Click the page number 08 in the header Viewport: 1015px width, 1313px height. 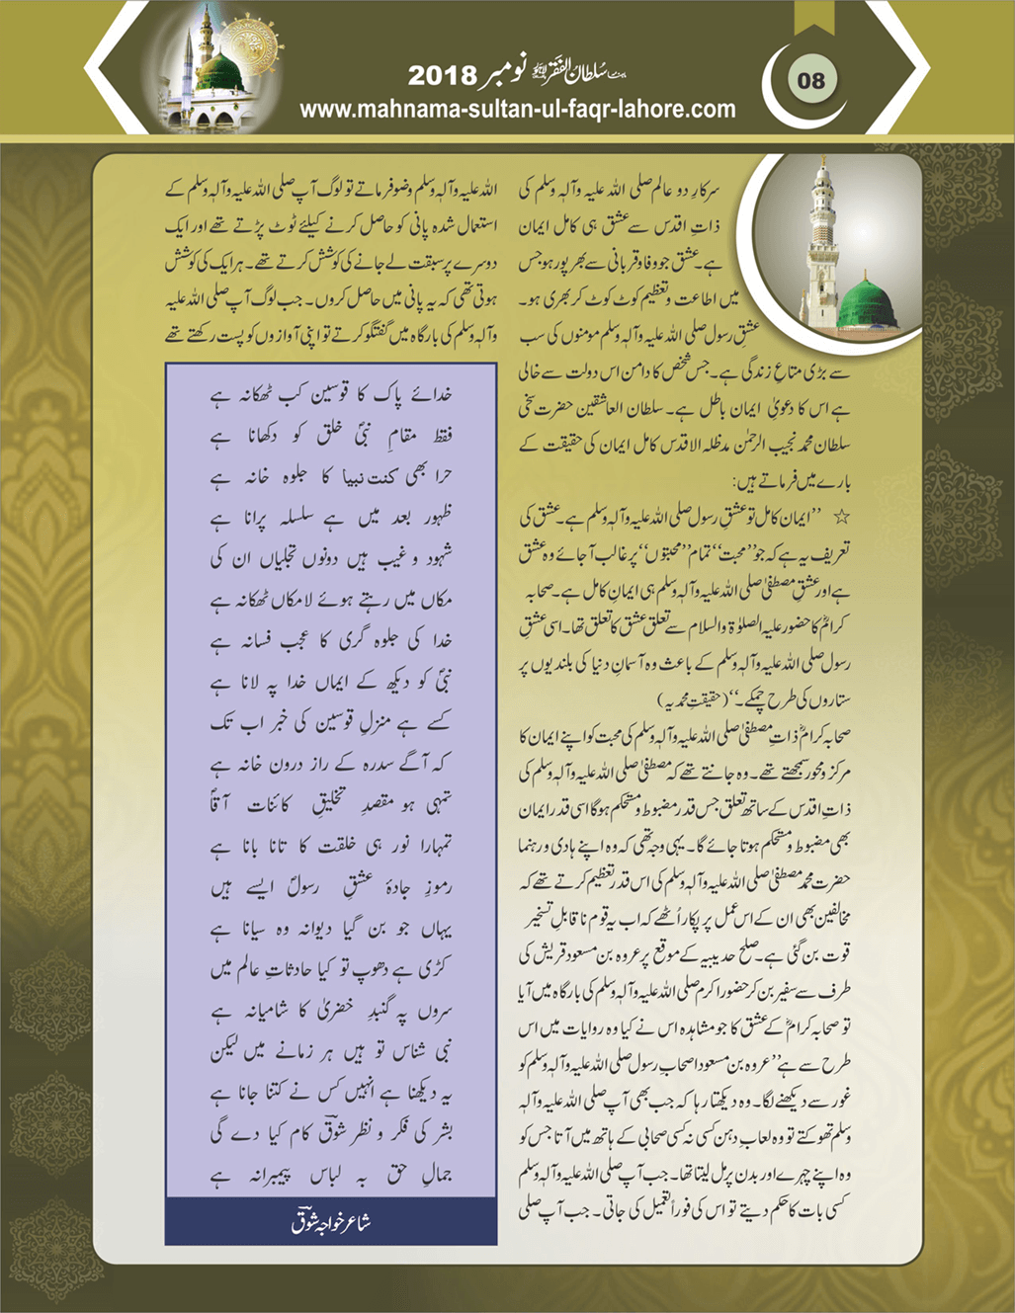tap(811, 80)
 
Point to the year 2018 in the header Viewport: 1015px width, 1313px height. tap(442, 75)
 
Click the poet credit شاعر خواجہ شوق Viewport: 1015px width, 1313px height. tap(331, 1222)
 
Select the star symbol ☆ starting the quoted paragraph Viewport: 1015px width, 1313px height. tap(841, 516)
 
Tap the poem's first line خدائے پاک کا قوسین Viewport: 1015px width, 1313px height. tap(331, 394)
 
